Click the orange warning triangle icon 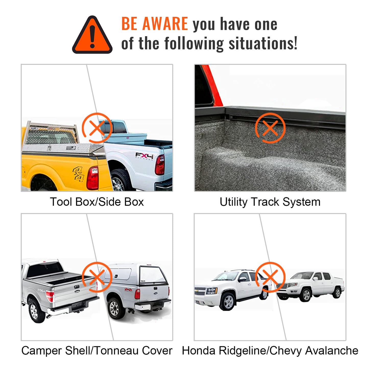92,35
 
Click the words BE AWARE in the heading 154,24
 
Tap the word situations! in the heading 263,43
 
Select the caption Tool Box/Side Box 97,202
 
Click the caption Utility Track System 270,202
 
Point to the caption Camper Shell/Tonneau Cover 97,351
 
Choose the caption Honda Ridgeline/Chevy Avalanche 270,351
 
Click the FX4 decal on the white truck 144,156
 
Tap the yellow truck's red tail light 92,178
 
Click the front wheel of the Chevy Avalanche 228,302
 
